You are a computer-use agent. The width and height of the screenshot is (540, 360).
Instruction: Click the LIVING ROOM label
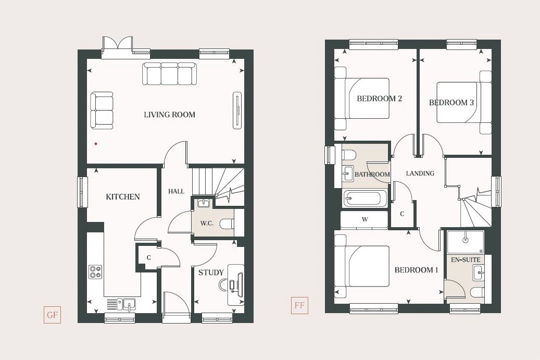(169, 115)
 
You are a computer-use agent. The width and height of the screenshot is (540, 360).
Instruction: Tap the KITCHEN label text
(123, 197)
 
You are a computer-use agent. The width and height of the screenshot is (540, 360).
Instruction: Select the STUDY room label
(211, 272)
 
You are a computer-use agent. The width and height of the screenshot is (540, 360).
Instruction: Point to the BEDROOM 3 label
(451, 103)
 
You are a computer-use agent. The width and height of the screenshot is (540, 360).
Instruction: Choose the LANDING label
(420, 173)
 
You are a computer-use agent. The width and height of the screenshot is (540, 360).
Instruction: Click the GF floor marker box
(52, 315)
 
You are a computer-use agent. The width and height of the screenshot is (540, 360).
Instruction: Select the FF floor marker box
(299, 305)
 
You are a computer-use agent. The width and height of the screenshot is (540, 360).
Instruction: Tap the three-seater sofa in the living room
(169, 74)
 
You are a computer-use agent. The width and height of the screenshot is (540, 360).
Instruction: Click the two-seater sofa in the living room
(102, 110)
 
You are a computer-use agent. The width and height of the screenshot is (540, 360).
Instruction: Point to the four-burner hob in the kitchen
(95, 271)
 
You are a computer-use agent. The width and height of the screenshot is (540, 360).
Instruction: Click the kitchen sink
(127, 303)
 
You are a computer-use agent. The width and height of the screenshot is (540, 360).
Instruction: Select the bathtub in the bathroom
(365, 199)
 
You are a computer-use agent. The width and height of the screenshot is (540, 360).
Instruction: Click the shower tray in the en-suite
(465, 242)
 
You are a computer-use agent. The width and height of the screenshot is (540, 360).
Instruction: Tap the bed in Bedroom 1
(362, 266)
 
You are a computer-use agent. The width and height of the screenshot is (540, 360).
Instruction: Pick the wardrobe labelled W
(365, 220)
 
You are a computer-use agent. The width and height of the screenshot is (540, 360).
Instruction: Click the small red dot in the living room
(95, 143)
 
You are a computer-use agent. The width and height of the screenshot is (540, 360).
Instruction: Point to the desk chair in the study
(223, 285)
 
